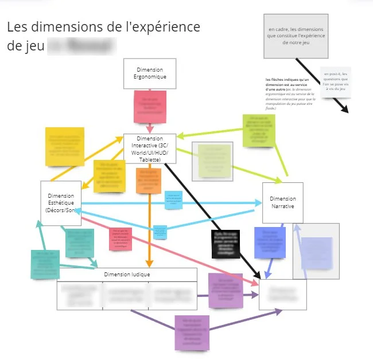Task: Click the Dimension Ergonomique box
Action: tap(150, 73)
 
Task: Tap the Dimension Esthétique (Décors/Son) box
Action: tap(60, 203)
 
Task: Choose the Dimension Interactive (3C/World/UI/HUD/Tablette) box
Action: tap(149, 149)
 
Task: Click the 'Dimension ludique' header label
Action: tap(127, 275)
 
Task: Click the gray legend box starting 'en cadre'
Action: tap(296, 36)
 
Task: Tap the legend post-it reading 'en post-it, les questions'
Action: tap(336, 82)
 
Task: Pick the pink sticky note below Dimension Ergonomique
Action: tap(150, 105)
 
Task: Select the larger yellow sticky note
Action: tap(65, 147)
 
